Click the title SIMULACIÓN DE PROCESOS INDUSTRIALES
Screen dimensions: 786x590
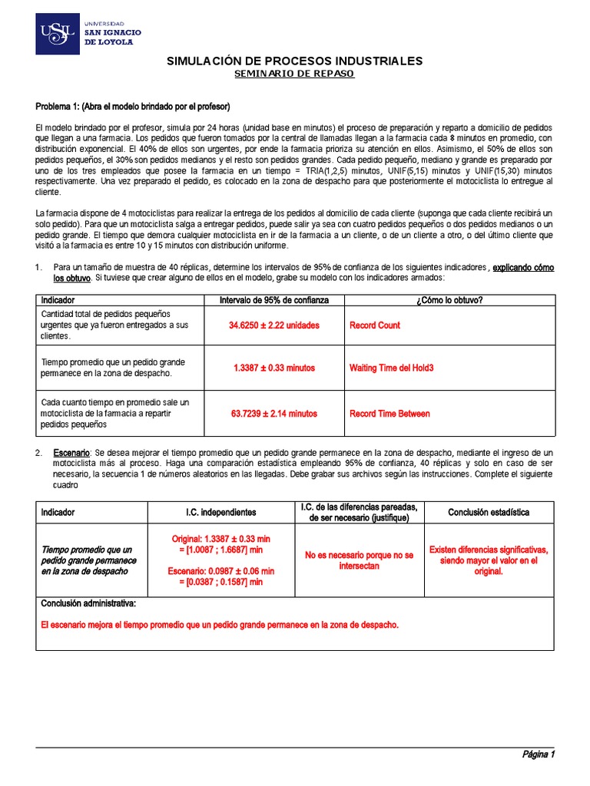click(x=295, y=61)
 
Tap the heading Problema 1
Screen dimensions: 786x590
click(x=133, y=106)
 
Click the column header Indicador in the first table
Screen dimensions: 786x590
click(x=58, y=299)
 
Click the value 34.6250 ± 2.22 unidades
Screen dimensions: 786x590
click(x=274, y=325)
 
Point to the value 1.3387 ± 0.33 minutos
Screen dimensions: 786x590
click(x=274, y=368)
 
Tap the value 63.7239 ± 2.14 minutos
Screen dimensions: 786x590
click(x=274, y=414)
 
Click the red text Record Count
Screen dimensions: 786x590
click(x=375, y=325)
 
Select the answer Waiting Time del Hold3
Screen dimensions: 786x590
click(x=392, y=368)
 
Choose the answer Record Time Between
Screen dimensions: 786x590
click(x=389, y=414)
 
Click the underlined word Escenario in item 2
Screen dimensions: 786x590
click(x=71, y=454)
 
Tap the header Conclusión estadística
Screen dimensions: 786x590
click(x=489, y=512)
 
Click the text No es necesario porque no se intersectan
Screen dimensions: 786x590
click(x=360, y=560)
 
